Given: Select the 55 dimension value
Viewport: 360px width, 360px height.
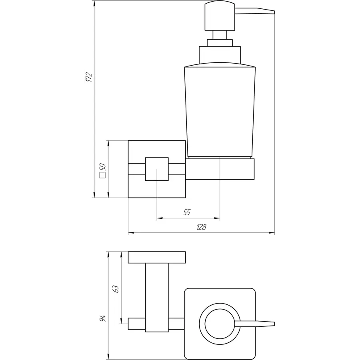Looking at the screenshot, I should click(187, 213).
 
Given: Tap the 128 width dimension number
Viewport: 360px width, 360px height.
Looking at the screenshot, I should click(201, 227).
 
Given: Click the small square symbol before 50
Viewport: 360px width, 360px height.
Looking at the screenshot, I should click(102, 175).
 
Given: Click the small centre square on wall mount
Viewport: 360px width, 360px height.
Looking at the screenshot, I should click(157, 169).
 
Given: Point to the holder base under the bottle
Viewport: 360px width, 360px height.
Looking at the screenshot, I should click(221, 169).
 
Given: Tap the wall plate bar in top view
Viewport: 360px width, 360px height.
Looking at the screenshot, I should click(157, 258).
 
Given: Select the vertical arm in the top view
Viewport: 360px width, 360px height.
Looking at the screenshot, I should click(157, 298).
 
